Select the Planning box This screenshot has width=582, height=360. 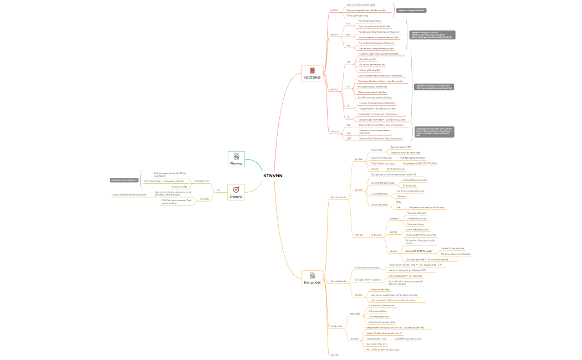236,160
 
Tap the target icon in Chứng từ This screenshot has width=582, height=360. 236,189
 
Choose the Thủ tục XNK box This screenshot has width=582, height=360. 312,279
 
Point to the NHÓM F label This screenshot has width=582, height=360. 334,34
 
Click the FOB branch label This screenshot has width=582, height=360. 348,45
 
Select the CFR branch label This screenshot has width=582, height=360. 348,62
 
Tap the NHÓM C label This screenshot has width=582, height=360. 334,89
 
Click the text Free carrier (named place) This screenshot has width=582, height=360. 371,20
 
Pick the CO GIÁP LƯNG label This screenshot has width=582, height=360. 202,181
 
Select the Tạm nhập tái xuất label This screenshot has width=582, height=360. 338,197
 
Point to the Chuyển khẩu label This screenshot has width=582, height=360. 336,326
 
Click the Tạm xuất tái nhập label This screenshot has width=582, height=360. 338,281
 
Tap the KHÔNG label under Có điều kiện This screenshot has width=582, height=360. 394,232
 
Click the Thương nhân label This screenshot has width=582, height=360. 376,150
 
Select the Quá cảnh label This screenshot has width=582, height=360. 334,354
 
